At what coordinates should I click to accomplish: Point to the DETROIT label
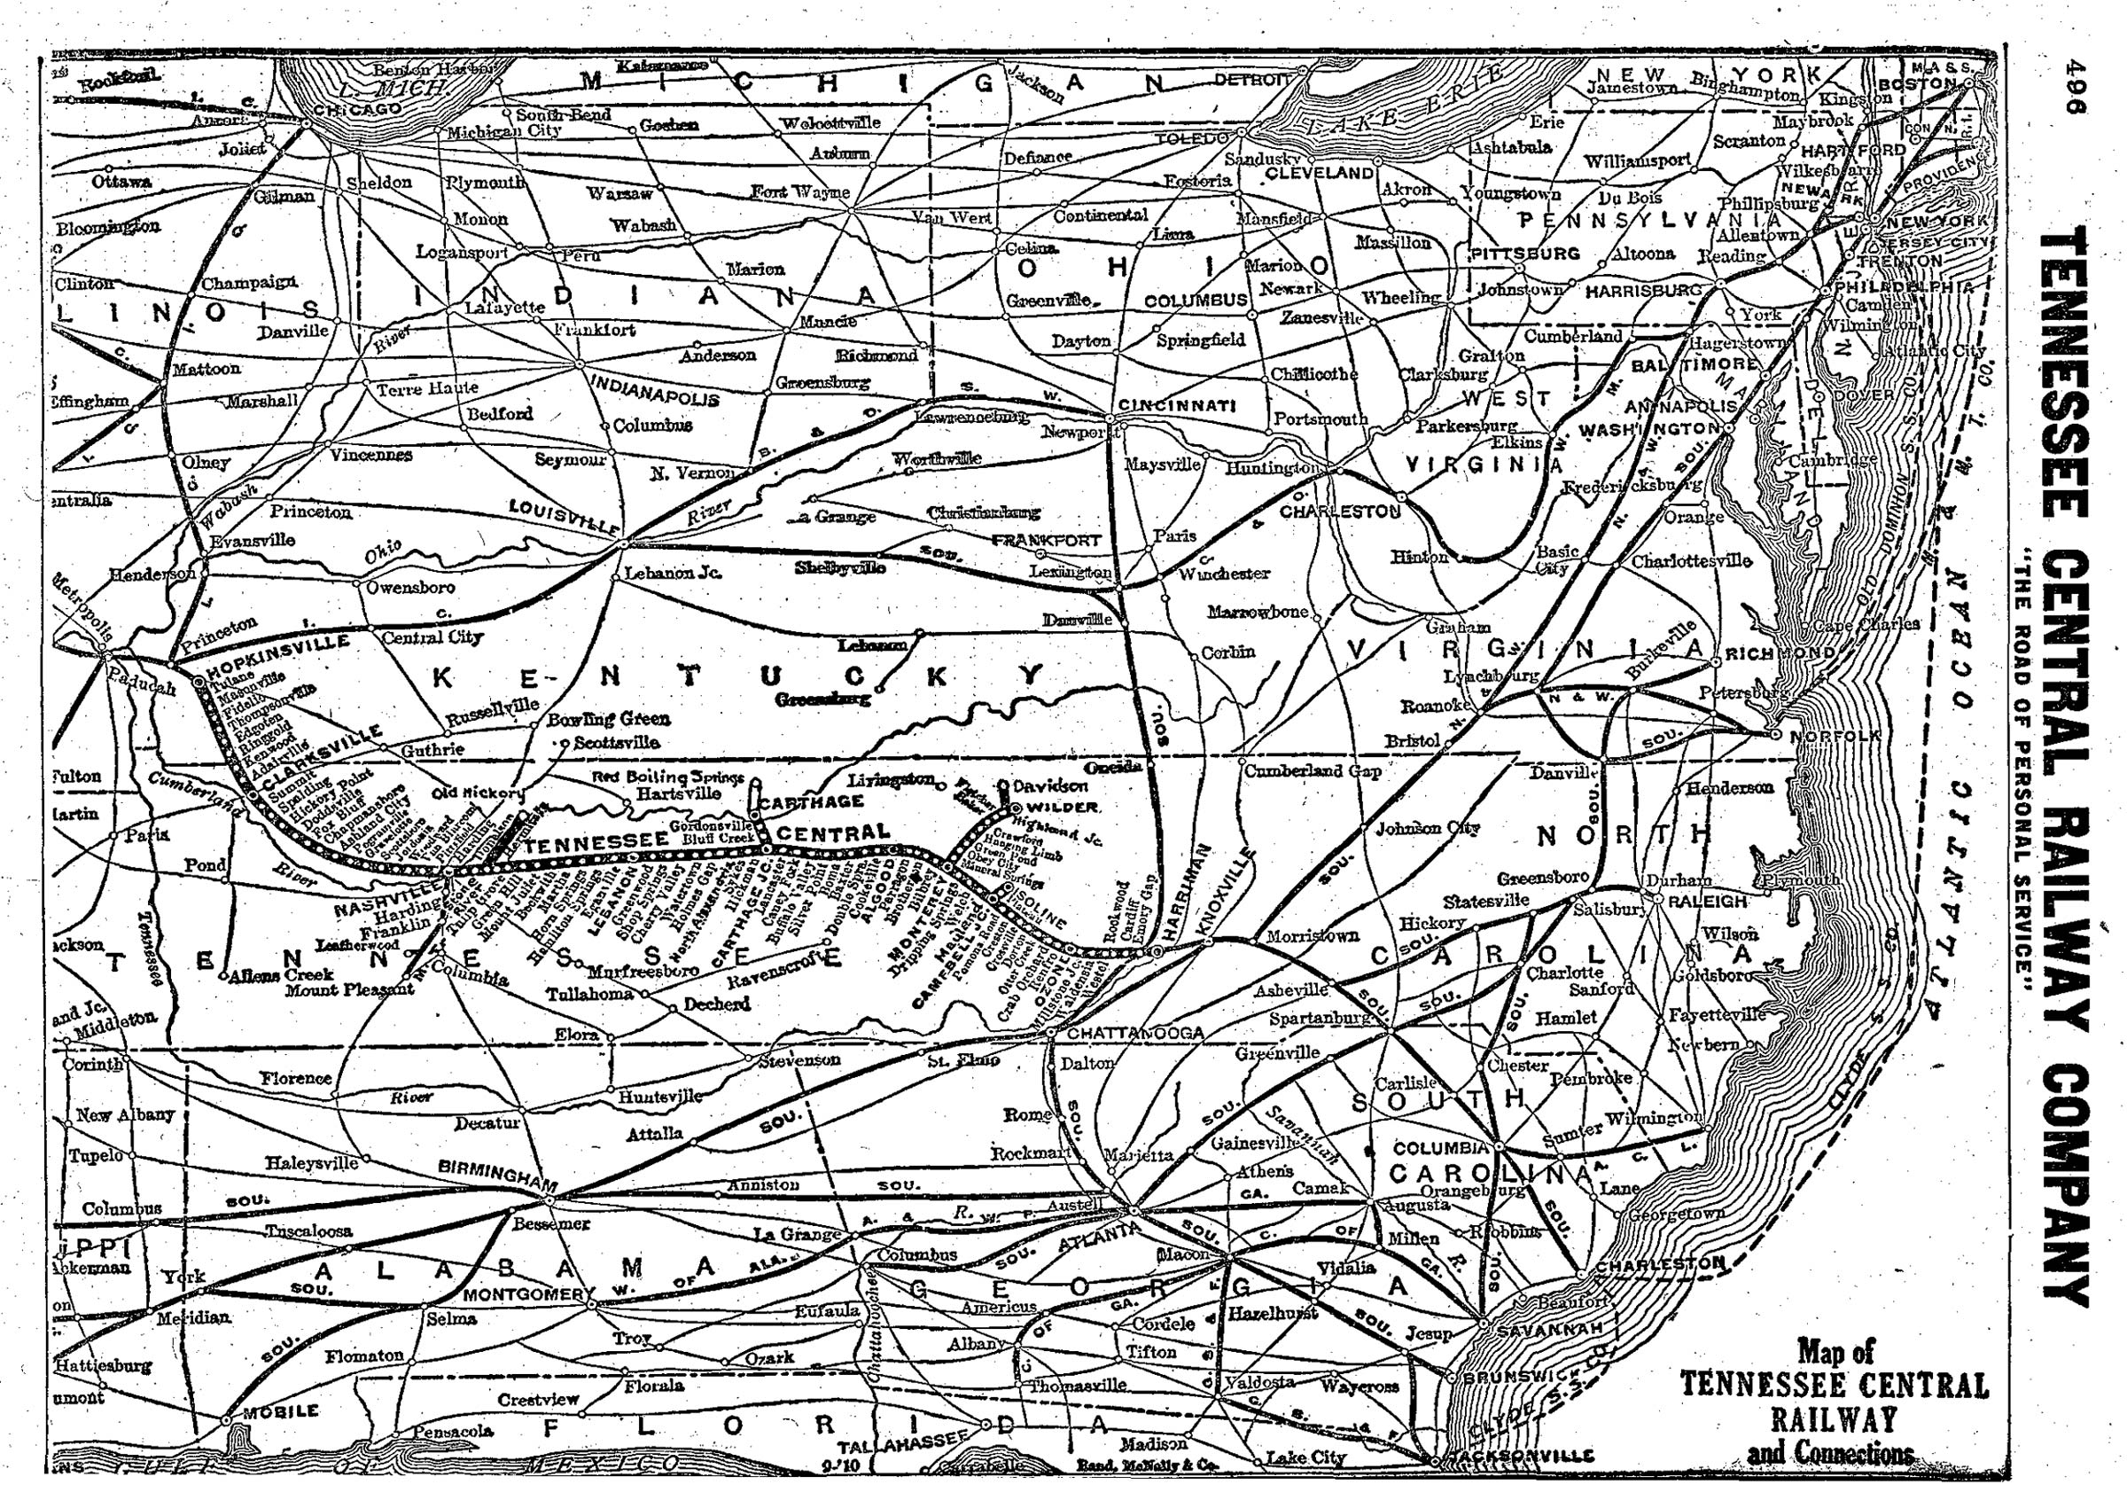1250,80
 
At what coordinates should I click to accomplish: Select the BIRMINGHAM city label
497,1176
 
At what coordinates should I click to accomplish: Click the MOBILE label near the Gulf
280,1411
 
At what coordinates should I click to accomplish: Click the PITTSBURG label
1525,253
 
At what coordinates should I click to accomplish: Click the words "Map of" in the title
1835,1351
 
